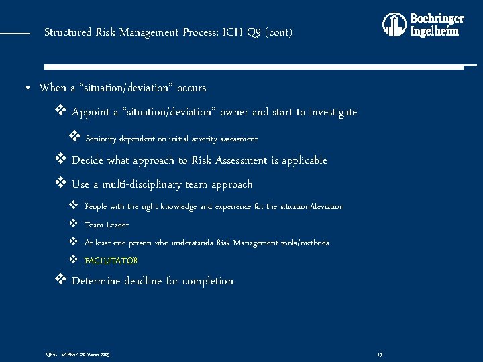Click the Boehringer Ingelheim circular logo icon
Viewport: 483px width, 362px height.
pos(394,25)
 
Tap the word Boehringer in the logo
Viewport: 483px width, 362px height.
pos(437,18)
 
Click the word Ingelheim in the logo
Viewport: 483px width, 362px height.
pos(435,31)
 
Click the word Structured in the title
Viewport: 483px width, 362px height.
pos(68,32)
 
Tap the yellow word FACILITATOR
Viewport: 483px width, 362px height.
pos(111,261)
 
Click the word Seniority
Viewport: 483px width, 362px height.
pos(101,139)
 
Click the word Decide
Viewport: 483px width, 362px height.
pos(88,160)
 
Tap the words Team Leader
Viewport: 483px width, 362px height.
pos(107,225)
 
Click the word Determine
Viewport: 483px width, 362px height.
pos(97,281)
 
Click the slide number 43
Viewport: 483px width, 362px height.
pos(380,354)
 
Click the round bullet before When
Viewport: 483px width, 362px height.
pos(25,88)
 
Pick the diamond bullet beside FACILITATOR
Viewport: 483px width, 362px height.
pos(73,260)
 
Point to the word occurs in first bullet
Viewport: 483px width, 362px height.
pos(192,88)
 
